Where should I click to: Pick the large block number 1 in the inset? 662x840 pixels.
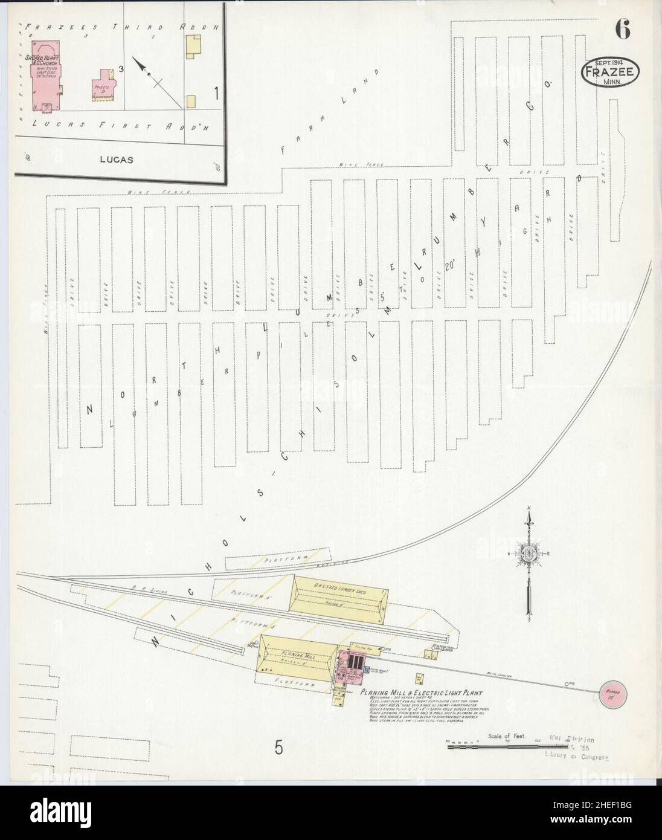pyautogui.click(x=216, y=93)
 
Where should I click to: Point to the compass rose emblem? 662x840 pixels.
pyautogui.click(x=529, y=552)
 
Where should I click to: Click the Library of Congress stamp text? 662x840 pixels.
pyautogui.click(x=576, y=756)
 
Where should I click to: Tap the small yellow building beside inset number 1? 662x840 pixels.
pyautogui.click(x=191, y=102)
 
